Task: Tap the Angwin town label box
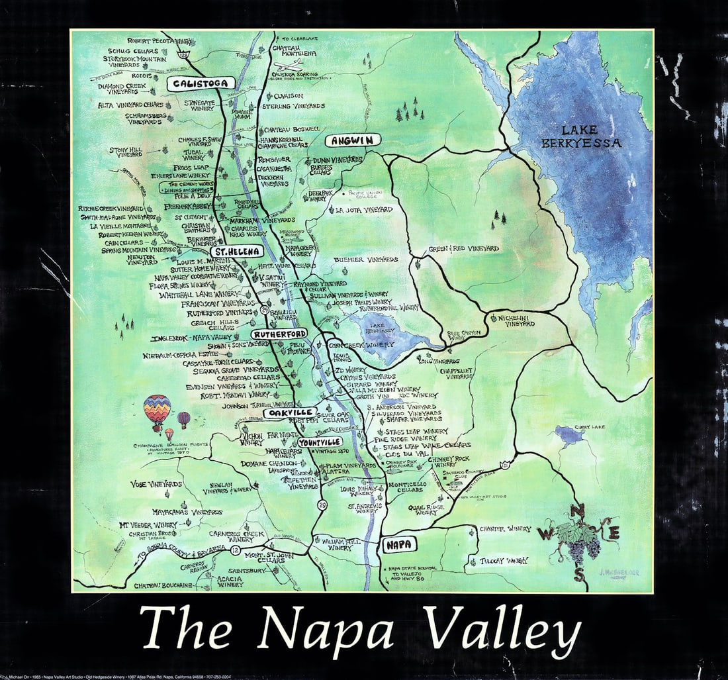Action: tap(353, 140)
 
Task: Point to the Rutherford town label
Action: tap(279, 334)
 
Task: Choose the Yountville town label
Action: tap(319, 442)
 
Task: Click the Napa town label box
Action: tap(400, 544)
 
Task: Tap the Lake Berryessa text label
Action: tap(589, 136)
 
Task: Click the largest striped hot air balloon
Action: tap(157, 410)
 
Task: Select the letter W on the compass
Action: tap(547, 532)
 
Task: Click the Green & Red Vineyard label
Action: tap(463, 249)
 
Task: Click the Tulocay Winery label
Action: tap(504, 560)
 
